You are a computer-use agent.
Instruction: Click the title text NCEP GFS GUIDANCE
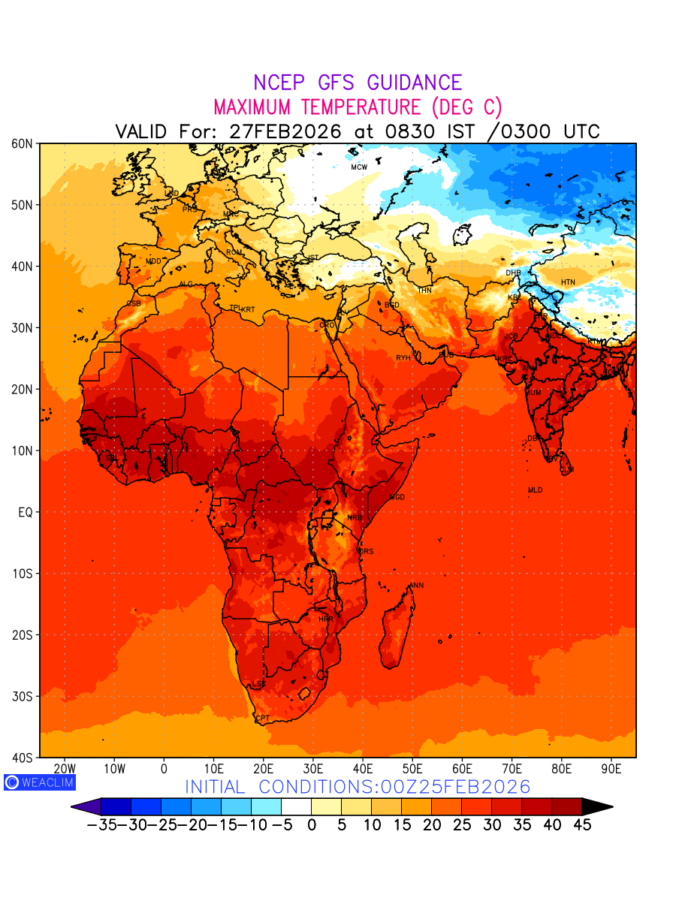(x=358, y=83)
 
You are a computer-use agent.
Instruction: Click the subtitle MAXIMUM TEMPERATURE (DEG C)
(x=358, y=107)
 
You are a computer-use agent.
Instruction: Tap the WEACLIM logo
(x=39, y=782)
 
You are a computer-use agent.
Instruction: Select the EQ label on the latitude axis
(x=24, y=512)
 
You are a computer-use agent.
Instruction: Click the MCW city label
(x=359, y=167)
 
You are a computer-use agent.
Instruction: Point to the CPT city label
(x=262, y=719)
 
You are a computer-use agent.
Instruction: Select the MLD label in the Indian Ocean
(x=535, y=490)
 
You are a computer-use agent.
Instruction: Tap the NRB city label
(x=355, y=518)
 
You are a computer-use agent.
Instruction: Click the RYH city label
(x=403, y=358)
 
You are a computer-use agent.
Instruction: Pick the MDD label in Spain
(x=153, y=261)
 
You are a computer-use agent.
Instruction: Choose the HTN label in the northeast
(x=568, y=282)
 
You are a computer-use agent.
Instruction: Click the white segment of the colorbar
(x=296, y=806)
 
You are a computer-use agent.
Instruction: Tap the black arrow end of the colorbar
(x=598, y=806)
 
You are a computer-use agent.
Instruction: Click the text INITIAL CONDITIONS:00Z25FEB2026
(x=358, y=787)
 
